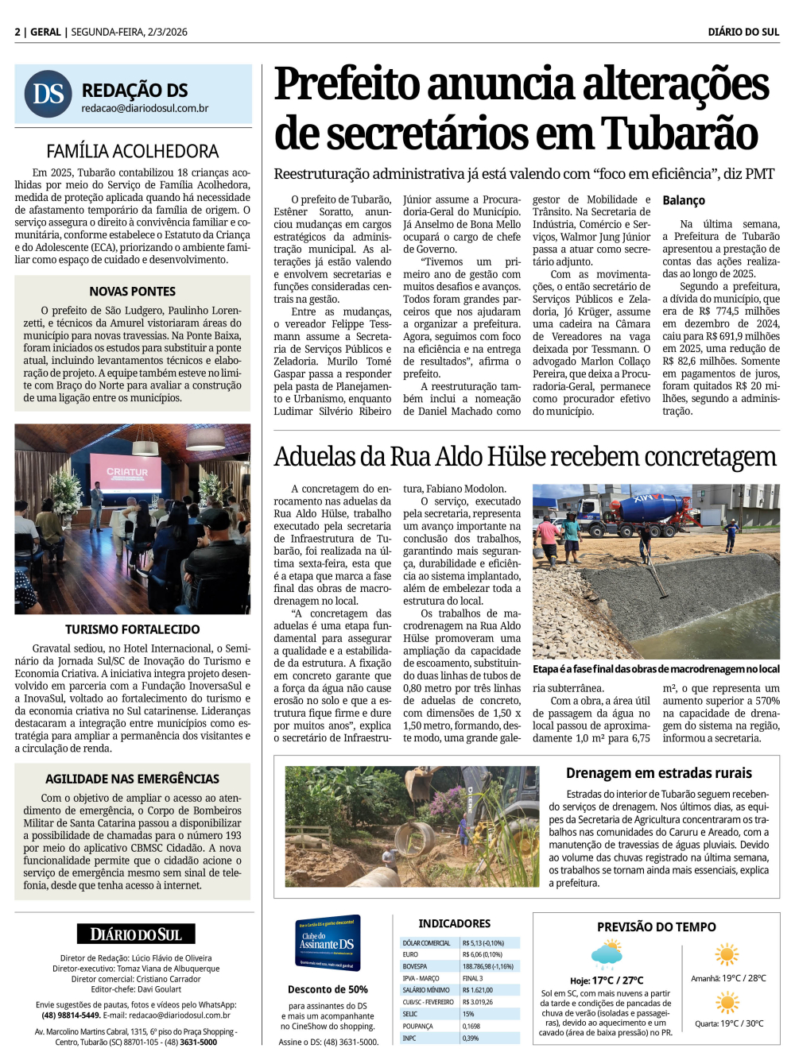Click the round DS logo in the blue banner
(48, 94)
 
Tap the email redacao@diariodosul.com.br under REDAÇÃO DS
(145, 109)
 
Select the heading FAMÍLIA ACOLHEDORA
(133, 151)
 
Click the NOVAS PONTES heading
(133, 292)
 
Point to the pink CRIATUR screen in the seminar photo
(127, 474)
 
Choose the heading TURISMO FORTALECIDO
(133, 629)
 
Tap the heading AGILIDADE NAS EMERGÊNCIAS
(133, 779)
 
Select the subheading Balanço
(684, 200)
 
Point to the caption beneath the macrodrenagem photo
(656, 669)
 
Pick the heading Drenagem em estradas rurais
(658, 773)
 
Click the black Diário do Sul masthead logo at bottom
(136, 934)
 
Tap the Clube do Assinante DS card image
(328, 943)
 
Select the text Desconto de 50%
(328, 989)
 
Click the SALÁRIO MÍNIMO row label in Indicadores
(426, 990)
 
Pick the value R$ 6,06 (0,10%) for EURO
(483, 954)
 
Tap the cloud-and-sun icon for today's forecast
(607, 954)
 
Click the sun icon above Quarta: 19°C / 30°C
(727, 1003)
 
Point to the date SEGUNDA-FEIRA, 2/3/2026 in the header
(130, 32)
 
